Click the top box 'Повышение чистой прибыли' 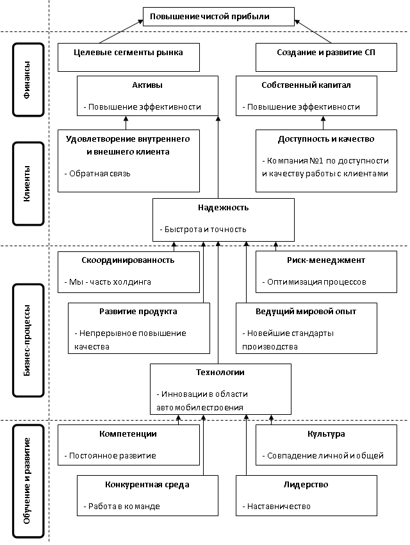[x=218, y=17]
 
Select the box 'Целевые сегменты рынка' [x=129, y=53]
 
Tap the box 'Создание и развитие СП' [x=316, y=53]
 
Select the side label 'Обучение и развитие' [x=28, y=481]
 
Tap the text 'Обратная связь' [x=100, y=173]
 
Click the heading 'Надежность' [x=223, y=208]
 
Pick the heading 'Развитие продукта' [x=138, y=312]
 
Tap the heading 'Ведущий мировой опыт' [x=306, y=312]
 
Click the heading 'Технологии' [x=220, y=373]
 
